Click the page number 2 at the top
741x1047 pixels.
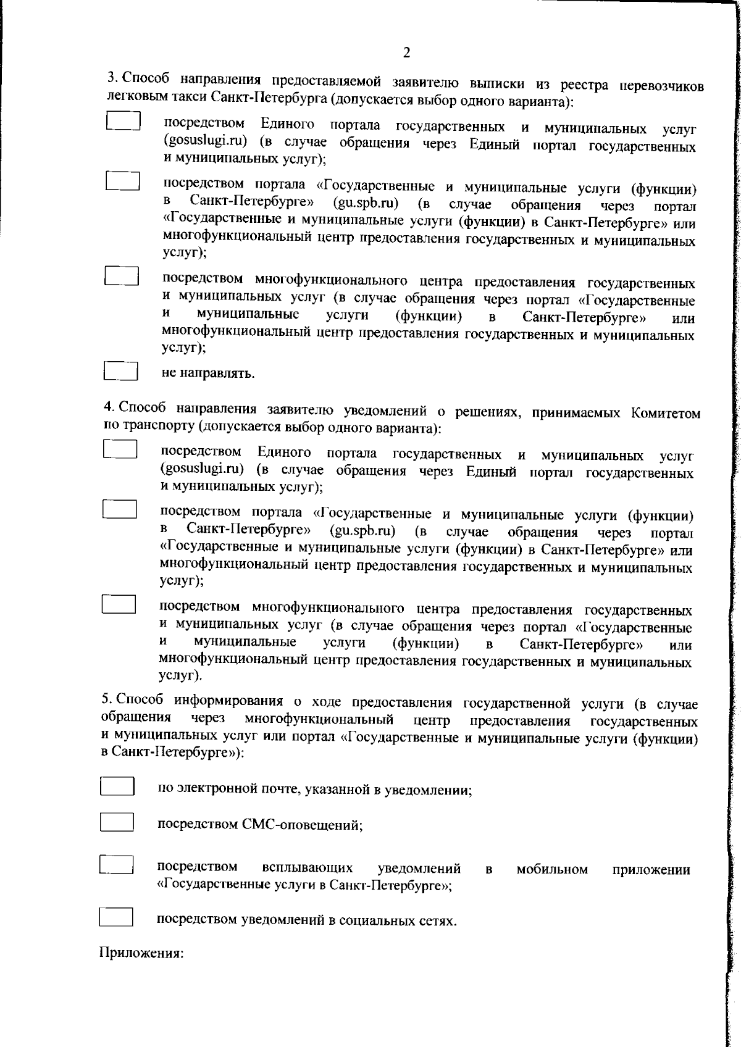tap(406, 52)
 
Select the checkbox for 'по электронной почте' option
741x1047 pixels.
tap(117, 786)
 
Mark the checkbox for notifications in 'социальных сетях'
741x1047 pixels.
tap(116, 917)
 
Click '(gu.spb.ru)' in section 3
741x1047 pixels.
tap(366, 202)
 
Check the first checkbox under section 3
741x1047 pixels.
tap(123, 120)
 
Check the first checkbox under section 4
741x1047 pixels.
tap(120, 449)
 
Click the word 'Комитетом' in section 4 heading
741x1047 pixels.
tap(666, 412)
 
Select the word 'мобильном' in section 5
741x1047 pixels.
tap(551, 869)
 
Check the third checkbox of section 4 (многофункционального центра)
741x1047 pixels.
tap(119, 604)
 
